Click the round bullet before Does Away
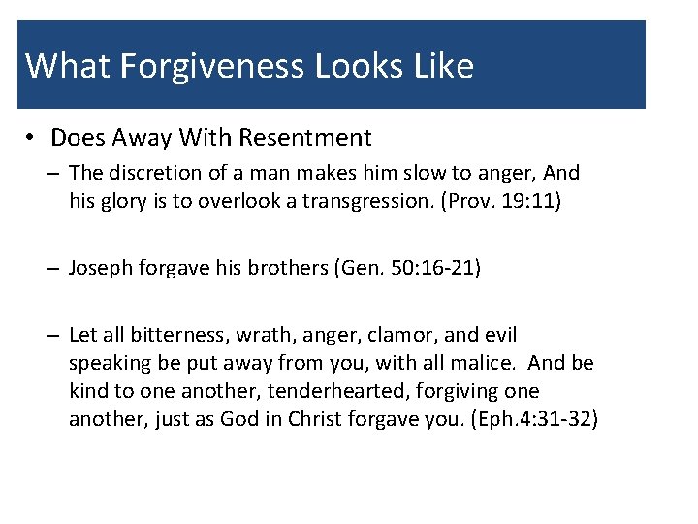pos(33,138)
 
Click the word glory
pos(120,201)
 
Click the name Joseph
pos(99,268)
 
